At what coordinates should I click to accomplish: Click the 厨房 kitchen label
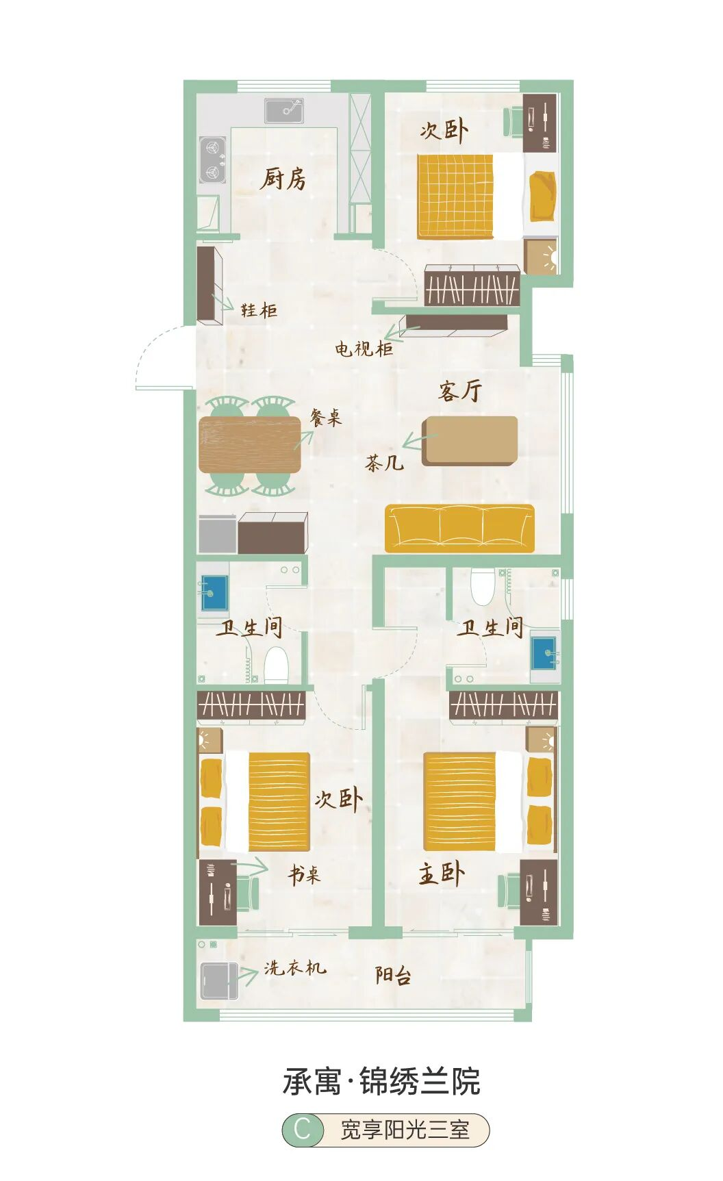click(x=283, y=179)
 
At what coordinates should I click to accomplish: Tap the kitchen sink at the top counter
click(x=284, y=110)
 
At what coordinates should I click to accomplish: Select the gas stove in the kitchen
click(x=212, y=160)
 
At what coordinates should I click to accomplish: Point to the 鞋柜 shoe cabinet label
click(x=259, y=310)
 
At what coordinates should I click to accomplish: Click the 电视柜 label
click(x=364, y=348)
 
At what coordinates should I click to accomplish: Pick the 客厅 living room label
click(x=460, y=390)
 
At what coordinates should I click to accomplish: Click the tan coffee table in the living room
click(x=470, y=440)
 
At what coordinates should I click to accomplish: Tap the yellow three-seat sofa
click(x=459, y=528)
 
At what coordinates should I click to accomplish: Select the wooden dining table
click(x=250, y=445)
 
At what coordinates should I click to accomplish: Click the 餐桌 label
click(x=325, y=418)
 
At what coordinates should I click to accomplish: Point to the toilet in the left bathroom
click(x=276, y=664)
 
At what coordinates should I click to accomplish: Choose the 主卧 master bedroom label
click(x=442, y=874)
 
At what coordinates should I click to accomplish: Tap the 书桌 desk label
click(x=304, y=874)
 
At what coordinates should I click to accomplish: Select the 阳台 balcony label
click(x=393, y=975)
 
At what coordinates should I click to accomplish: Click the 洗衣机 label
click(x=295, y=967)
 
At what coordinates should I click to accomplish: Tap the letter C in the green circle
click(x=303, y=1130)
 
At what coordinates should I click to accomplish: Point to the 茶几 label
click(x=384, y=463)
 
